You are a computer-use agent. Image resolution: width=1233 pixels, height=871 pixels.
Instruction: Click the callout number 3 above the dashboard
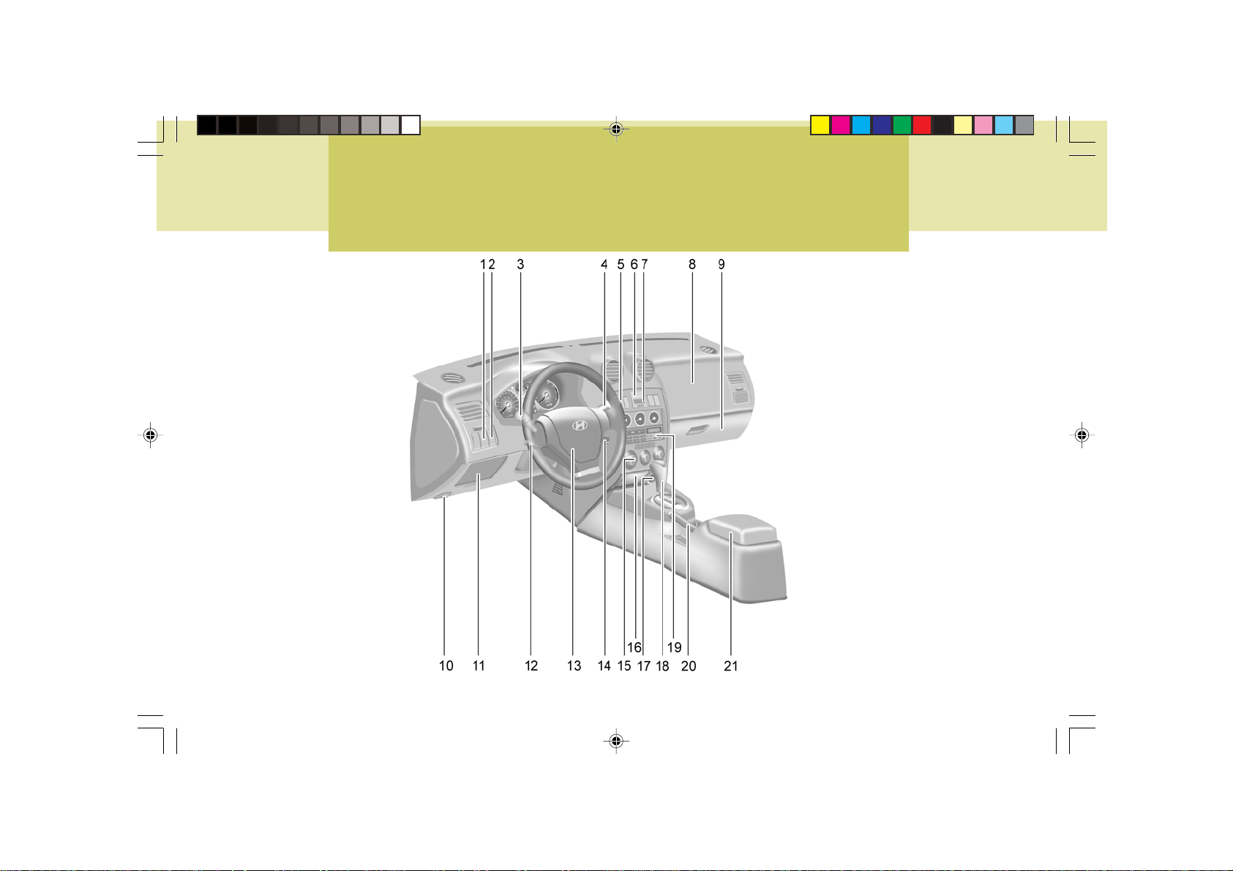pos(520,265)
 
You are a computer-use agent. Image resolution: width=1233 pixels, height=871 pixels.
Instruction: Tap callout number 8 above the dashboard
pos(692,265)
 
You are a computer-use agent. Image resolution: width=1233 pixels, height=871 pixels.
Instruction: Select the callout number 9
pos(722,265)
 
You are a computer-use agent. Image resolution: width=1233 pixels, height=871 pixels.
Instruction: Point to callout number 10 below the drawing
pos(446,665)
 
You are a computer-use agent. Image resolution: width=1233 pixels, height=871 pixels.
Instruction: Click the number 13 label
pos(574,665)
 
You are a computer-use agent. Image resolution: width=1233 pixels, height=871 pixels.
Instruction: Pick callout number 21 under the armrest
pos(730,665)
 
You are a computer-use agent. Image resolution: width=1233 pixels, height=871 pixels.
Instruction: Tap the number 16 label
pos(634,648)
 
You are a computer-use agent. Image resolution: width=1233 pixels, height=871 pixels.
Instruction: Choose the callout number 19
pos(674,648)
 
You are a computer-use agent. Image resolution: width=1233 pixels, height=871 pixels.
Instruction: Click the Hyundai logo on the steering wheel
pos(580,425)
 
